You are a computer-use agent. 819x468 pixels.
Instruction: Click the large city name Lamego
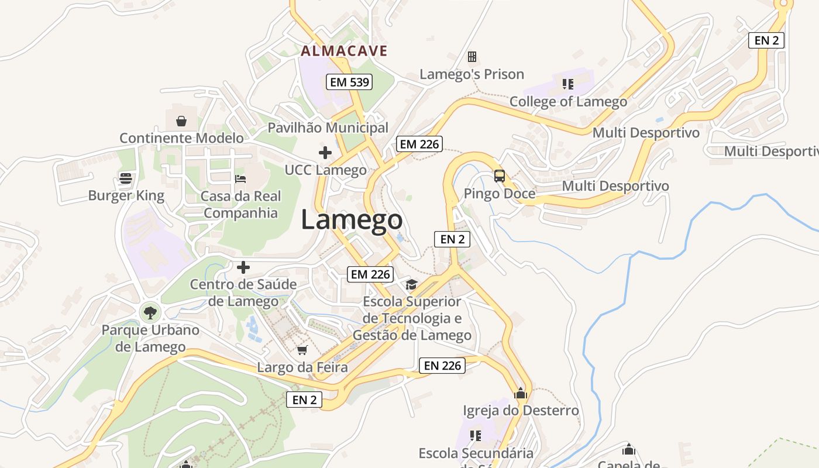[x=352, y=220]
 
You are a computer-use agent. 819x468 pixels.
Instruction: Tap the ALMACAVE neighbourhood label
[x=344, y=51]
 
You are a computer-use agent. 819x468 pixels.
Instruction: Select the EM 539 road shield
[x=350, y=82]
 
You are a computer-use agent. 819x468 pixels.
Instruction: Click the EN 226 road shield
[x=442, y=366]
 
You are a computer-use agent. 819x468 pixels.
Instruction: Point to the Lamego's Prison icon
[x=472, y=57]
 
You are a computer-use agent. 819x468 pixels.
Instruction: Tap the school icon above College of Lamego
[x=567, y=84]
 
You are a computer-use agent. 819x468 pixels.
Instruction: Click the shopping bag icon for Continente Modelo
[x=181, y=121]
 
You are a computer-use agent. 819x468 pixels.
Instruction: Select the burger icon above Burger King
[x=126, y=178]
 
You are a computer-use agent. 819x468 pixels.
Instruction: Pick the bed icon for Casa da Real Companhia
[x=240, y=178]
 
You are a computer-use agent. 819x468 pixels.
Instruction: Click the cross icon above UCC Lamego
[x=325, y=153]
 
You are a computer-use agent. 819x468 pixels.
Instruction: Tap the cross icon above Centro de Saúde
[x=243, y=267]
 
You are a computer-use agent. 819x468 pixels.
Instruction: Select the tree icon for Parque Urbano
[x=150, y=312]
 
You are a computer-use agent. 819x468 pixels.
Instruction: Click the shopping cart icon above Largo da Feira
[x=302, y=350]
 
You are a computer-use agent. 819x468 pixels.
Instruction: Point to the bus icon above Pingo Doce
[x=500, y=175]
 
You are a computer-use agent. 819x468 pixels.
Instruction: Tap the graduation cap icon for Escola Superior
[x=412, y=284]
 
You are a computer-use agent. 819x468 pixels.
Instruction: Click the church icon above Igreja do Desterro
[x=521, y=393]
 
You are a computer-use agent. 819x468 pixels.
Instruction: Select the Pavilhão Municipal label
[x=328, y=128]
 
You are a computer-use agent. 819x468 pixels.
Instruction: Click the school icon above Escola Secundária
[x=476, y=436]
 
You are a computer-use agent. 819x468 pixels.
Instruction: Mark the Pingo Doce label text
[x=499, y=193]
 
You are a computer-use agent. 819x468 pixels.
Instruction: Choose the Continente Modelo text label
[x=181, y=138]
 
